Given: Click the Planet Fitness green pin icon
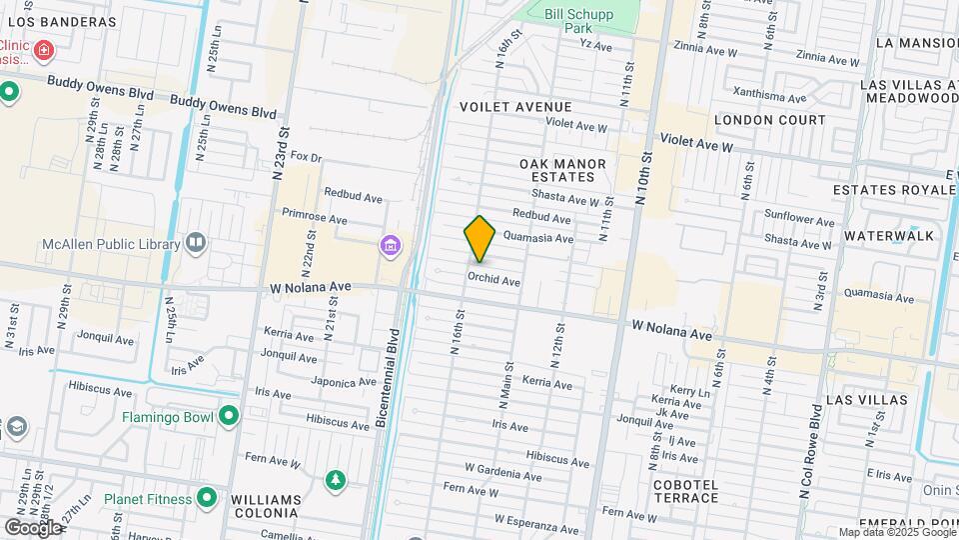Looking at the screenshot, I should [x=207, y=497].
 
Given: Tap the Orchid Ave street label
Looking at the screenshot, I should [x=493, y=282].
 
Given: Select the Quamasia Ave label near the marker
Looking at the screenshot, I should [x=538, y=238].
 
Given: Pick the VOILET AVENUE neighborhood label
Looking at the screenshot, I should [x=515, y=107].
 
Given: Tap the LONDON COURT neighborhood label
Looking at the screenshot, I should [x=770, y=120].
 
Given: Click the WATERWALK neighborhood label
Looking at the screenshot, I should [x=888, y=236].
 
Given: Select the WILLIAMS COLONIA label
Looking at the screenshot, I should [x=266, y=506].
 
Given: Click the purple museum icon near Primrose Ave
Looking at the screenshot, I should [x=390, y=245].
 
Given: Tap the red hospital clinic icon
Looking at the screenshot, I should [x=43, y=49].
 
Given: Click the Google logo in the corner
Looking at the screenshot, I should [x=33, y=527].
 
